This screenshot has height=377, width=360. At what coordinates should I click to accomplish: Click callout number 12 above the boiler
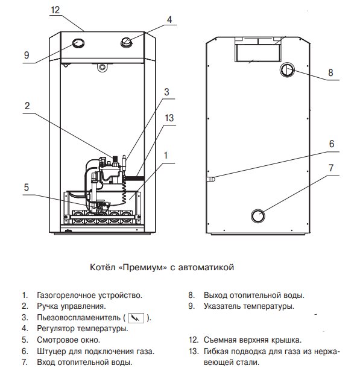pyautogui.click(x=55, y=10)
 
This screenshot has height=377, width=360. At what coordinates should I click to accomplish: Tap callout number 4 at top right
pyautogui.click(x=169, y=20)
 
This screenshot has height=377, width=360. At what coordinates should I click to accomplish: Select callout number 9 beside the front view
pyautogui.click(x=27, y=55)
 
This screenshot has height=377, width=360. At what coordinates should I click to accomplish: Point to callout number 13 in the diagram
pyautogui.click(x=169, y=118)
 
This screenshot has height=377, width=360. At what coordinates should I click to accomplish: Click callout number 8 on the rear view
pyautogui.click(x=330, y=72)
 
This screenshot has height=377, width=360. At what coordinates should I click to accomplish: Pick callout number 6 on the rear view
pyautogui.click(x=332, y=144)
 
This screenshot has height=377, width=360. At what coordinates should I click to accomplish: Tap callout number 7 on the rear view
pyautogui.click(x=331, y=168)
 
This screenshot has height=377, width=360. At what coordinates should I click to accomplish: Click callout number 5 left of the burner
pyautogui.click(x=27, y=188)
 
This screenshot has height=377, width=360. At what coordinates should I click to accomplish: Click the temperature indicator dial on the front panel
pyautogui.click(x=78, y=43)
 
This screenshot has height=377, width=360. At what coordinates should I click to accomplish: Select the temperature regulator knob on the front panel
pyautogui.click(x=127, y=42)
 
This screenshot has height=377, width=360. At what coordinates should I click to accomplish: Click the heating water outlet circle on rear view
pyautogui.click(x=287, y=70)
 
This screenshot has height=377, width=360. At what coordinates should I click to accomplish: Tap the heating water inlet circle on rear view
pyautogui.click(x=258, y=215)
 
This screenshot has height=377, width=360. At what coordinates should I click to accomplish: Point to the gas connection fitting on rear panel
pyautogui.click(x=211, y=179)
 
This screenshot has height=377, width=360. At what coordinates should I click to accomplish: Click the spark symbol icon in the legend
pyautogui.click(x=136, y=318)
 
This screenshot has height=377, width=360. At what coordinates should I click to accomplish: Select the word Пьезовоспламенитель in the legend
pyautogui.click(x=78, y=318)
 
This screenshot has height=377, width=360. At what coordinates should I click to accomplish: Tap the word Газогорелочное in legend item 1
pyautogui.click(x=66, y=295)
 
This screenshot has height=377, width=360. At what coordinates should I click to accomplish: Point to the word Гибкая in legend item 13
pyautogui.click(x=215, y=351)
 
